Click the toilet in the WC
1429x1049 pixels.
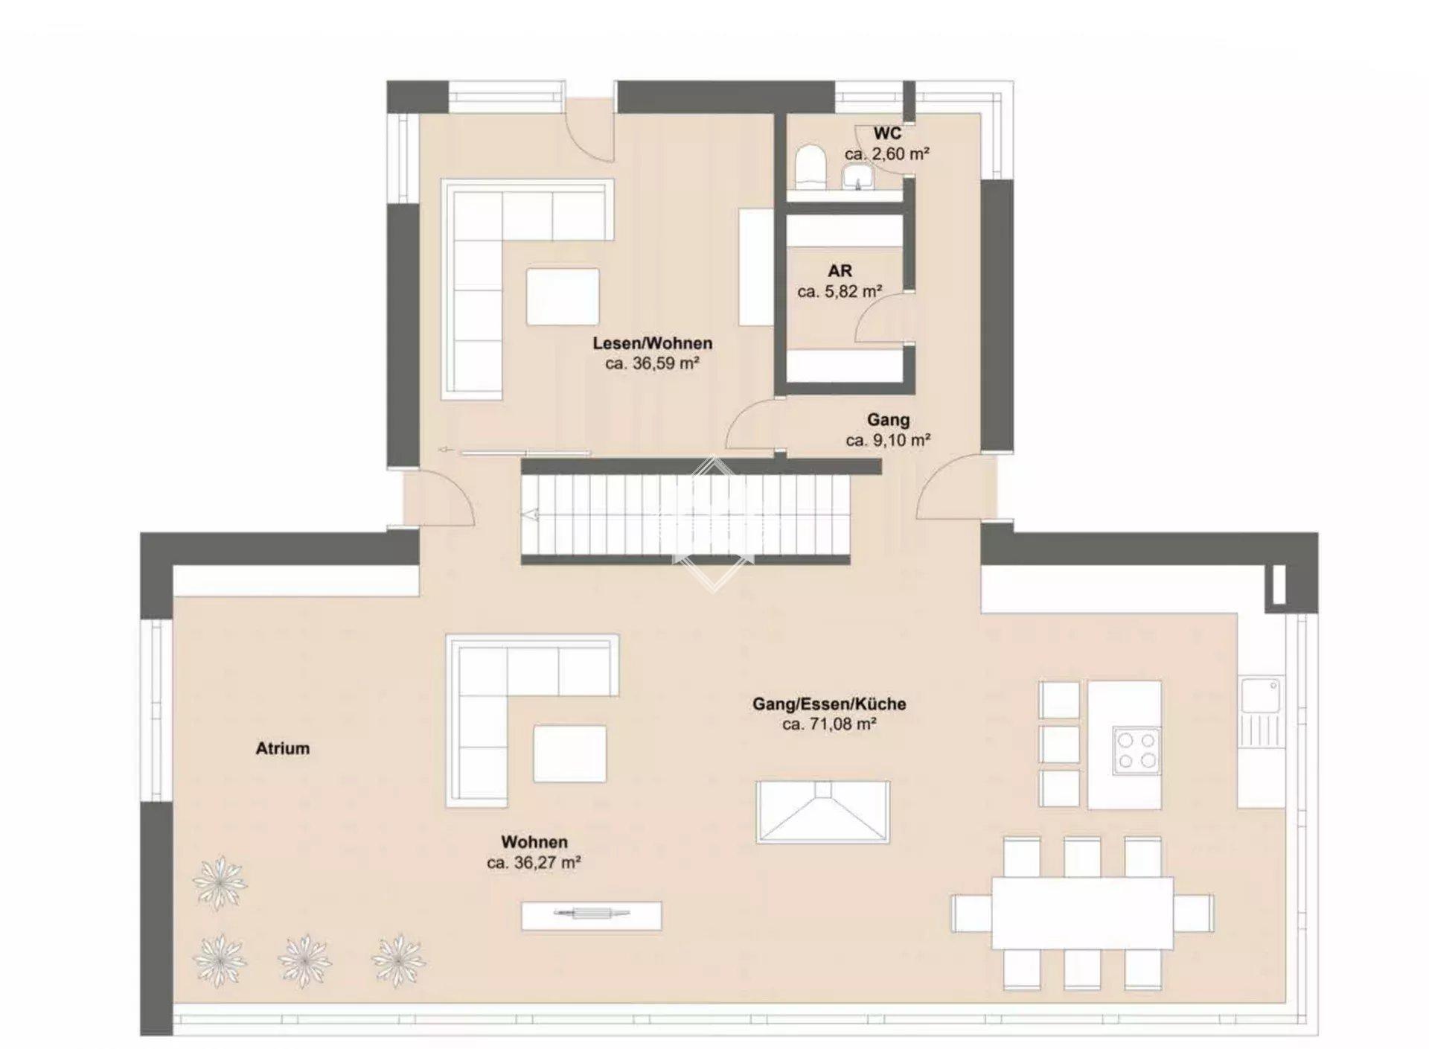coord(808,168)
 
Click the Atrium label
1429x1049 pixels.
coord(283,748)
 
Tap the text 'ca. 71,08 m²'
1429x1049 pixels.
coord(829,724)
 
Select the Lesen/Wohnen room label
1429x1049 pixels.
coord(653,343)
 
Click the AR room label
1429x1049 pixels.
coord(840,271)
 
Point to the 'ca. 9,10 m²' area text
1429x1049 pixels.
coord(888,440)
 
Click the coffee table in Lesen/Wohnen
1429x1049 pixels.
coord(563,296)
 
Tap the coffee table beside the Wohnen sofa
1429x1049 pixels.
coord(569,753)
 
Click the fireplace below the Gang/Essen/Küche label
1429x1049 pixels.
coord(822,812)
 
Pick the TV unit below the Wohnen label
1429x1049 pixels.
coord(591,915)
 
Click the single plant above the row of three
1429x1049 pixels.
coord(219,883)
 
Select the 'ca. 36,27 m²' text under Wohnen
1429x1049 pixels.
coord(534,863)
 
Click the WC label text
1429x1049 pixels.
coord(887,133)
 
